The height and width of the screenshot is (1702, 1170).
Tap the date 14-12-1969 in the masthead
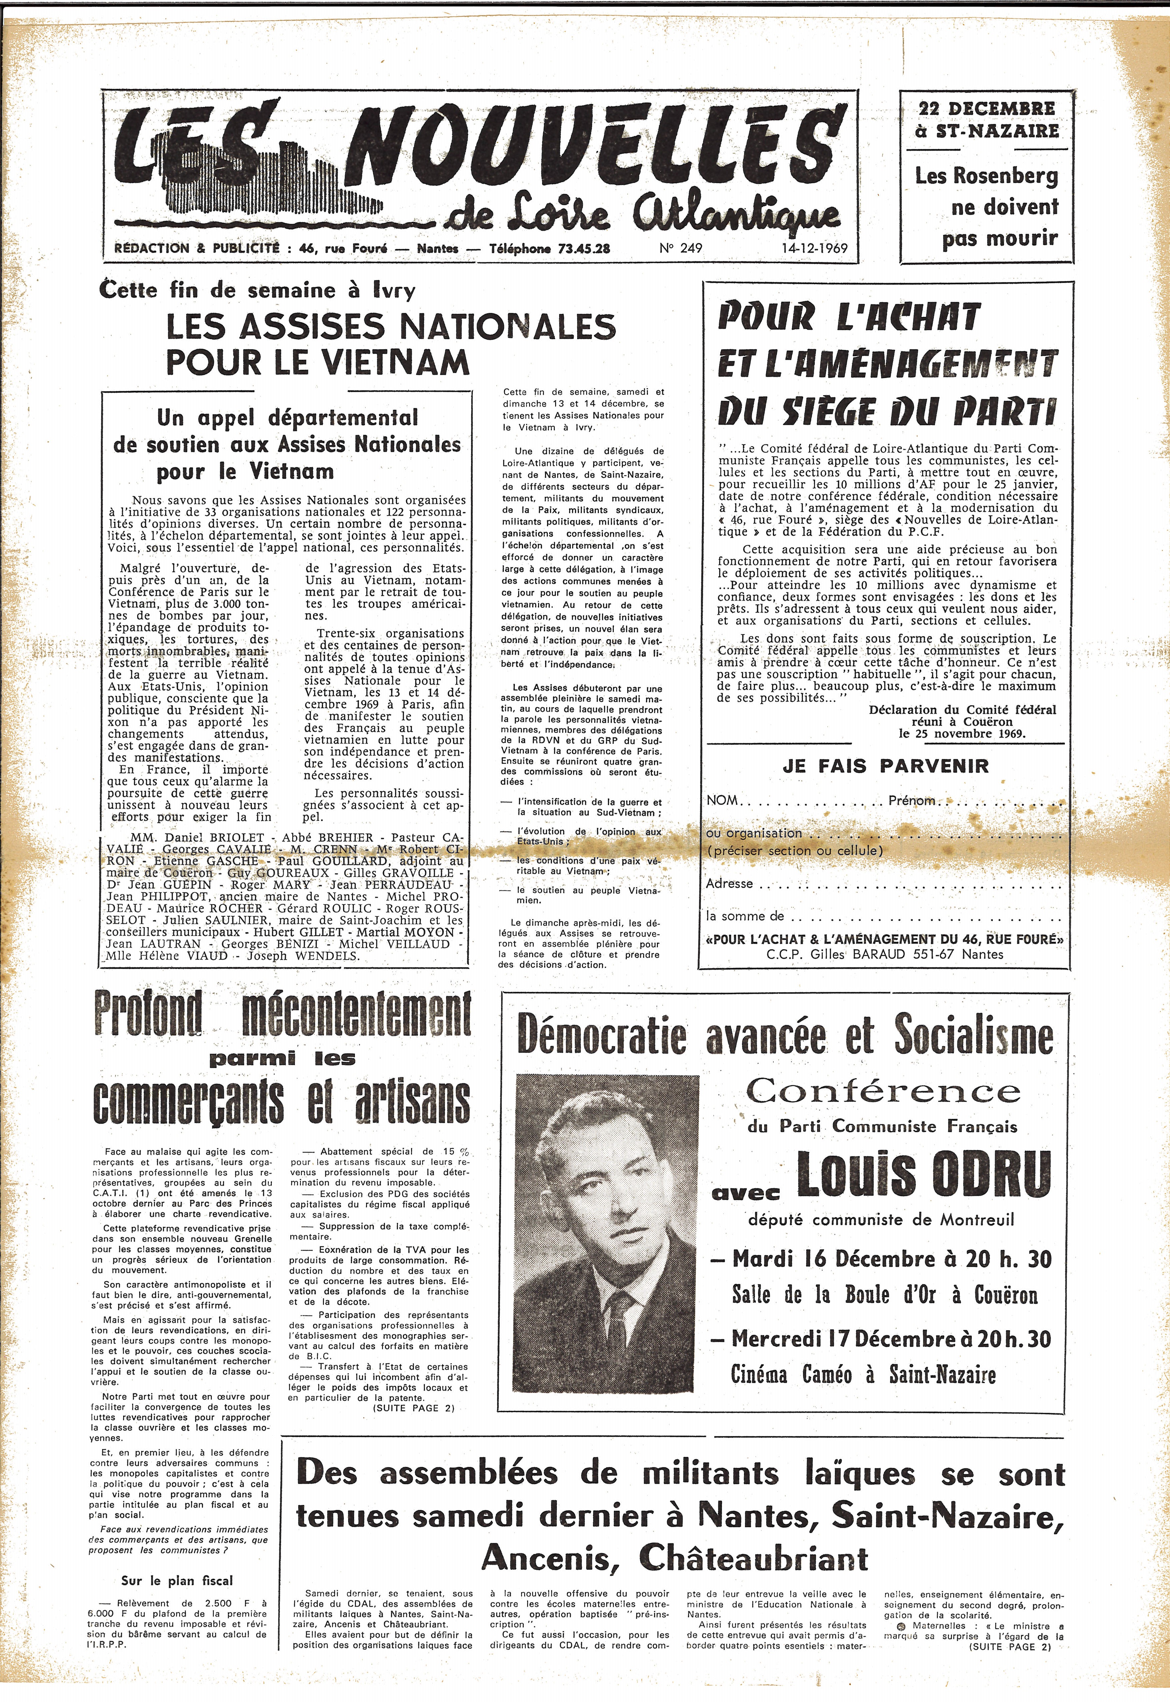click(x=814, y=249)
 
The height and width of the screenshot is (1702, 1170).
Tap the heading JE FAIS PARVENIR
click(x=885, y=767)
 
